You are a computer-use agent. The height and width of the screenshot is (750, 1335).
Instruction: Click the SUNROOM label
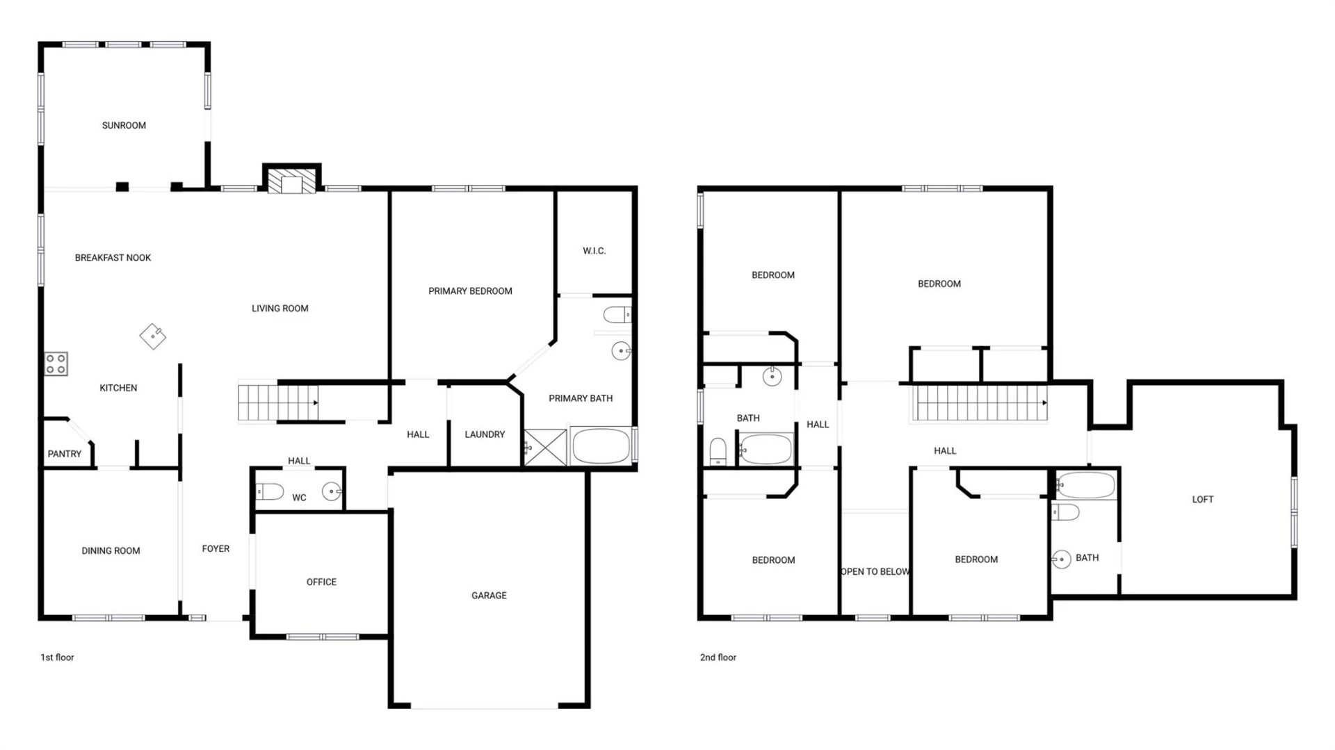(124, 126)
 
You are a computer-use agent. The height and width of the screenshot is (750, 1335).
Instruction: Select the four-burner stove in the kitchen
(56, 364)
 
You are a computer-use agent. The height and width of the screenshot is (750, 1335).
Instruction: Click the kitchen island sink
(153, 336)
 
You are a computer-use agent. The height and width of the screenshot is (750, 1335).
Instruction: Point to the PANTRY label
(65, 454)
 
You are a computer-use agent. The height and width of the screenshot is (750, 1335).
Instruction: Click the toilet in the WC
(270, 492)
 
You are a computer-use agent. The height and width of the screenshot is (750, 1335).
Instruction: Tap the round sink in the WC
(332, 492)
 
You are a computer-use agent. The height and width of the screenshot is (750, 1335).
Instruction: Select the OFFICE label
(321, 582)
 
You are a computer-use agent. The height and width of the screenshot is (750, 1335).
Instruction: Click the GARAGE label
(489, 596)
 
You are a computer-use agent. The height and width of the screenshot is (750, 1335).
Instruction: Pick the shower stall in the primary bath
(545, 448)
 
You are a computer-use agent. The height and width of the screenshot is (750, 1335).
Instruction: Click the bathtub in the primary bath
(601, 446)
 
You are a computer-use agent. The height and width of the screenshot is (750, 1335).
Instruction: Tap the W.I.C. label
(594, 251)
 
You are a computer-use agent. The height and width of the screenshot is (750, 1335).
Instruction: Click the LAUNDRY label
(485, 434)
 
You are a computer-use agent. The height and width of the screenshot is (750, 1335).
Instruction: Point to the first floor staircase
(278, 402)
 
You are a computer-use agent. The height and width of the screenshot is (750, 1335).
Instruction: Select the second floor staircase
(979, 403)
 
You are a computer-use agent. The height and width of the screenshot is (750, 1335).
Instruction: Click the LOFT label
(1203, 499)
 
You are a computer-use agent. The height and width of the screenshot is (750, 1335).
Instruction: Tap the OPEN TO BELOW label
(875, 571)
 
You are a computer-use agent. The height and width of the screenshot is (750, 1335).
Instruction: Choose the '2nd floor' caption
(718, 658)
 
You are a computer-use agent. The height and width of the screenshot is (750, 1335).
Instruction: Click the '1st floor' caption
(57, 658)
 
